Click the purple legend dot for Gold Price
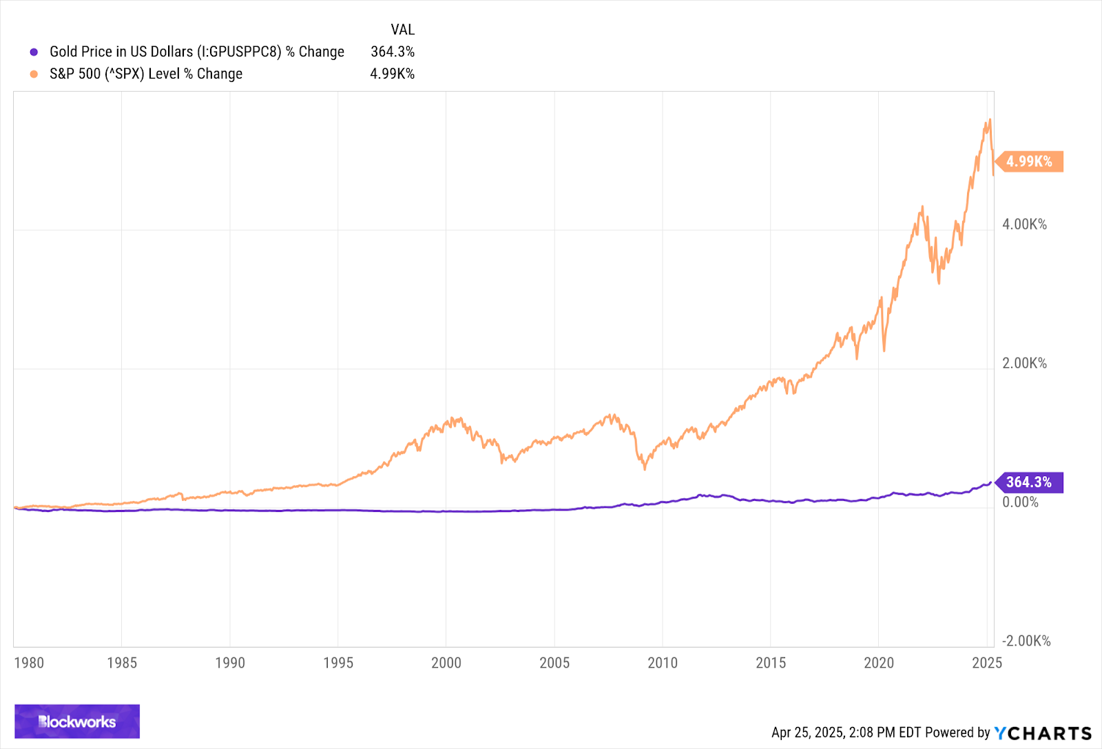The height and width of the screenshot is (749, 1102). pos(34,52)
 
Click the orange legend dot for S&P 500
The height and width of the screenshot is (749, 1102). pos(34,74)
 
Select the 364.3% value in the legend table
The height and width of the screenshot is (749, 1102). pos(392,52)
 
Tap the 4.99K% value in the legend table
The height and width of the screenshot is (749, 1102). pos(392,74)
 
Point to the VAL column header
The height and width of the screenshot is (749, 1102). pos(402,30)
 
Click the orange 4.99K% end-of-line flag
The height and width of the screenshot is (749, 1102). pos(1030,161)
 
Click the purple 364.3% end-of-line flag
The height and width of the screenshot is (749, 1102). pos(1029,482)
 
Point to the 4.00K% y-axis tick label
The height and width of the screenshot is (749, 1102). pos(1024,225)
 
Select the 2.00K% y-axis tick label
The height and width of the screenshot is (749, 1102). pos(1024,363)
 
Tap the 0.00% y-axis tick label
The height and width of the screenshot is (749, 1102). pos(1020,502)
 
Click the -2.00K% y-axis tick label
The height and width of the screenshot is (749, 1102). pos(1026,641)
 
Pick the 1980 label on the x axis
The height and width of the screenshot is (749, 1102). pos(29,663)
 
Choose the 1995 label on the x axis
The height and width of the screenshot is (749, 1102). pos(338,663)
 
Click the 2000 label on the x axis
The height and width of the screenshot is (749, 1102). pos(446,663)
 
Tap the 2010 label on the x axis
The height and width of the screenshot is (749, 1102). pos(663,663)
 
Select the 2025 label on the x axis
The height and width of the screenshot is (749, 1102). pos(986,663)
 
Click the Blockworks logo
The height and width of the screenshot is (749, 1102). pos(77,721)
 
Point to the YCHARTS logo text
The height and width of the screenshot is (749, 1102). pos(1043,733)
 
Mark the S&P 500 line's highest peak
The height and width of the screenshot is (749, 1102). pos(990,120)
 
